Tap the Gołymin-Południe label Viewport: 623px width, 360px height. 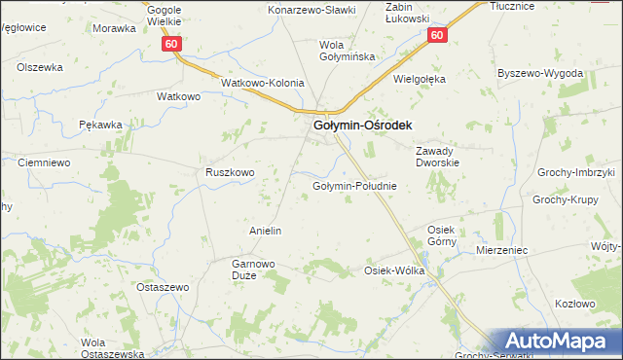[353, 186]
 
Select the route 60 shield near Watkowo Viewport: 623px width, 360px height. [171, 45]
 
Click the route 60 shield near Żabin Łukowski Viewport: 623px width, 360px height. [436, 36]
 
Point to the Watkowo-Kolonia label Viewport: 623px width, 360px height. [263, 84]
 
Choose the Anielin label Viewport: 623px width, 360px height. [266, 231]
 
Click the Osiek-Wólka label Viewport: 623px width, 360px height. [394, 270]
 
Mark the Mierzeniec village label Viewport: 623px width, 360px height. [502, 250]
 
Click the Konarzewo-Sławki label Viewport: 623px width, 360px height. [312, 10]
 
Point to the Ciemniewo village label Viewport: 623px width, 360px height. [44, 162]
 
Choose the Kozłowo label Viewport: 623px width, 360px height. [574, 303]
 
